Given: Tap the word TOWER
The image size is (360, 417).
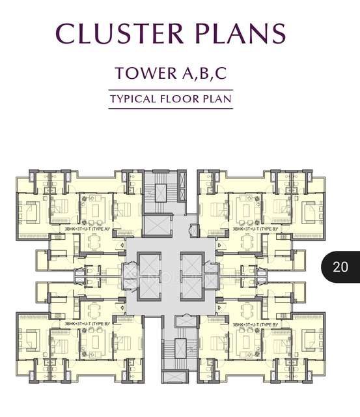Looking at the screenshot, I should [x=141, y=73].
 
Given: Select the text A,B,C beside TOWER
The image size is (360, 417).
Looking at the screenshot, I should [x=198, y=73].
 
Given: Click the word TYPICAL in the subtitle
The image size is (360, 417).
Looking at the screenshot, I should [x=135, y=100].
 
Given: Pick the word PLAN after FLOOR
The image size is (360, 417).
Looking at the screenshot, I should [x=217, y=100].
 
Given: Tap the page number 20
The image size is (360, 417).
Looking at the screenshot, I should [x=340, y=266].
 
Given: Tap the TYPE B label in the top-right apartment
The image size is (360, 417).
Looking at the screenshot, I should [x=255, y=229].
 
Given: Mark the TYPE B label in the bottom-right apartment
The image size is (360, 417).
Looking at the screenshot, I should [x=255, y=324].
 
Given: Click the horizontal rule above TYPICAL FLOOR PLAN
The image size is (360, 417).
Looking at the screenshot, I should [x=171, y=90].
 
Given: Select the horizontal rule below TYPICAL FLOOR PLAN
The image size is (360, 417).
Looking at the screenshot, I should [x=171, y=108].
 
